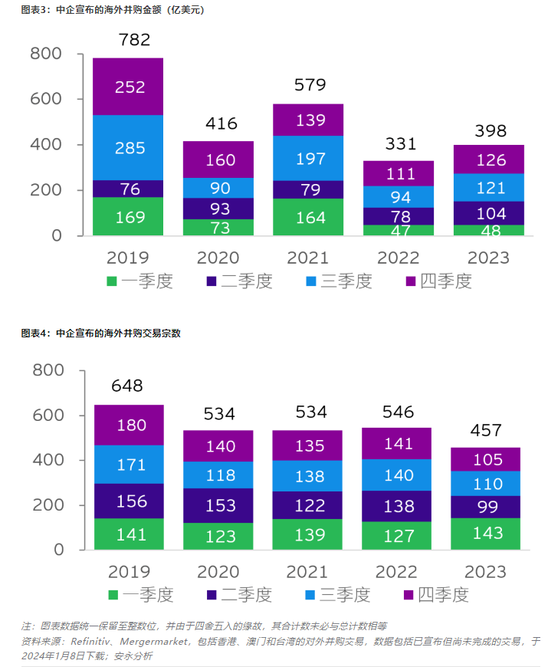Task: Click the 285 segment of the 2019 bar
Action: [130, 147]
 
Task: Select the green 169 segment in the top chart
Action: [130, 217]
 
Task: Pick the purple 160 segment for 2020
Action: [218, 160]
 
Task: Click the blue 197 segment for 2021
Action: [308, 158]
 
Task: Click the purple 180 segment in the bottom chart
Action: [129, 425]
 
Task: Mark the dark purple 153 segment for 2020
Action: [218, 505]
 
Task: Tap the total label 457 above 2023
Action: [486, 430]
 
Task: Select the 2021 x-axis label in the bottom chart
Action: [308, 572]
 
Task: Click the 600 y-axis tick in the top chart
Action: [46, 99]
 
